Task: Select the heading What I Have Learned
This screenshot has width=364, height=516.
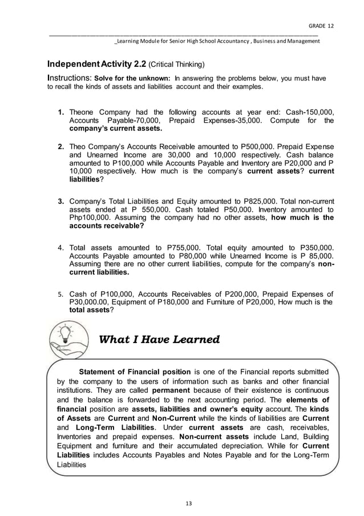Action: (x=159, y=340)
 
